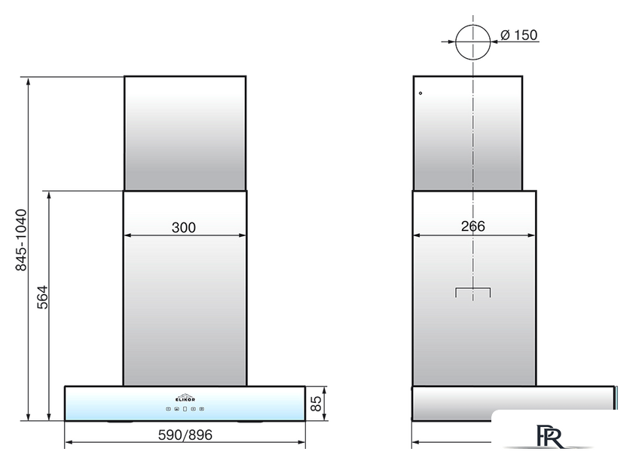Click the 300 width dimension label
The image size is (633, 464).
pos(184,228)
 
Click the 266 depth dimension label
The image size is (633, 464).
pos(472,226)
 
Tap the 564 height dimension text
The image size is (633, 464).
pos(42,297)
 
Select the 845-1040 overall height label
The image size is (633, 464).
pos(20,240)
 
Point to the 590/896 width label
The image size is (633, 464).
pos(185,435)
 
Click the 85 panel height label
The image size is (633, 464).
pos(316,404)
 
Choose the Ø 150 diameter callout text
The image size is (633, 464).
pos(518,35)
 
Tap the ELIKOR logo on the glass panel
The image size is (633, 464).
pos(185,398)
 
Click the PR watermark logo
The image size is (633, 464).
pos(549,436)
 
